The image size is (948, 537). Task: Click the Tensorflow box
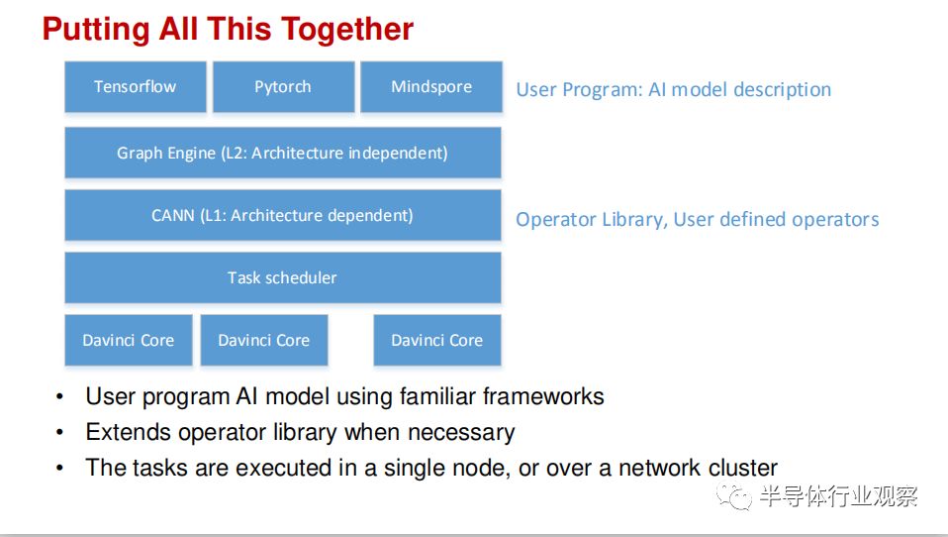click(x=136, y=86)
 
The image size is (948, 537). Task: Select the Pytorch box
click(x=284, y=86)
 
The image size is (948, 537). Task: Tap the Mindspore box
click(x=431, y=86)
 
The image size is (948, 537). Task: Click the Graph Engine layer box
click(x=283, y=153)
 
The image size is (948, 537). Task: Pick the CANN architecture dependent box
click(x=283, y=215)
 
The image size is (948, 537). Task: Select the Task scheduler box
click(x=283, y=277)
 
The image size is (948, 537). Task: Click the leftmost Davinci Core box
click(x=129, y=340)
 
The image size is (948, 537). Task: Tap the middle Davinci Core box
click(x=264, y=340)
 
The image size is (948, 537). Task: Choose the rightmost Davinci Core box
click(x=437, y=340)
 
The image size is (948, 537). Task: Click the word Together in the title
click(x=347, y=29)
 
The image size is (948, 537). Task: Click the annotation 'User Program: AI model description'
click(x=674, y=89)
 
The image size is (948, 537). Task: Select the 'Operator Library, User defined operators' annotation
click(x=698, y=219)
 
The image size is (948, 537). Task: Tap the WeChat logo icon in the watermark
click(x=734, y=496)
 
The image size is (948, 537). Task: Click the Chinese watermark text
click(x=838, y=496)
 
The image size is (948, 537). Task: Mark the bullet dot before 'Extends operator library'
click(x=59, y=432)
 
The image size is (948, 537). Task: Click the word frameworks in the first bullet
click(x=543, y=396)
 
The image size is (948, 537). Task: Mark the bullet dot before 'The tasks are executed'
click(x=59, y=468)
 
